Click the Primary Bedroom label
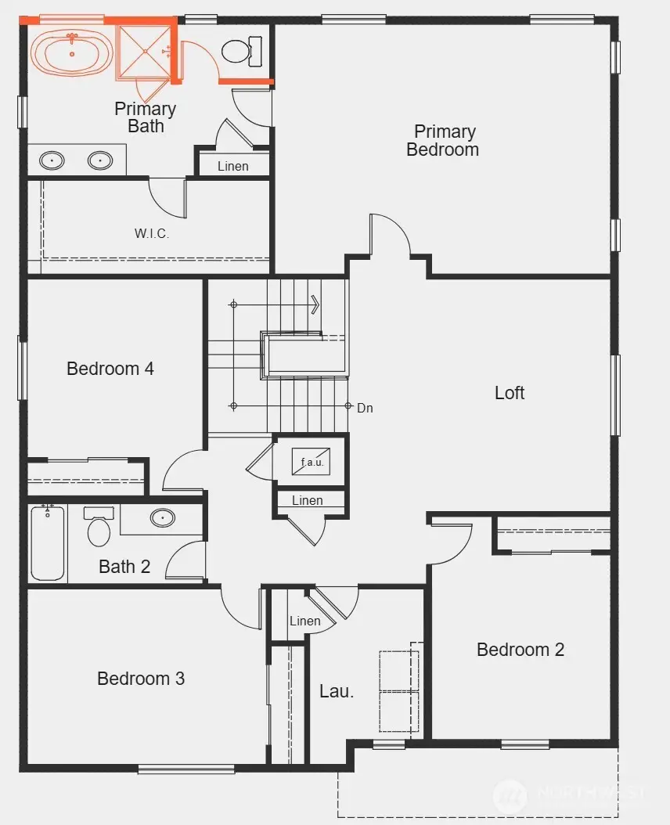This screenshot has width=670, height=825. tap(443, 141)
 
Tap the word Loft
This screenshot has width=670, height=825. tap(510, 393)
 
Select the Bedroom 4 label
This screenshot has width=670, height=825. tap(110, 368)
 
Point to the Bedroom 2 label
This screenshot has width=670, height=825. tap(520, 650)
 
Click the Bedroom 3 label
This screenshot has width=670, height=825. tap(141, 679)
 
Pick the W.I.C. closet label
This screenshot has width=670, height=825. tap(152, 233)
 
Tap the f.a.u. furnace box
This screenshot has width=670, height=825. tap(312, 462)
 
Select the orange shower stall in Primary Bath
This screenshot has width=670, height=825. tap(143, 52)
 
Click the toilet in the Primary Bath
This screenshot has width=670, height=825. tap(236, 52)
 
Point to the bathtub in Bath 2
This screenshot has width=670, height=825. tap(48, 543)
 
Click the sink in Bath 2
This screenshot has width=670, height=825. tap(162, 517)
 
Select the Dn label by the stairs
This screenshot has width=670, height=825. tap(365, 408)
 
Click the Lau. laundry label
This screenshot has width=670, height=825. tap(337, 691)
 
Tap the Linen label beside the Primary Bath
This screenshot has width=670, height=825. tap(233, 166)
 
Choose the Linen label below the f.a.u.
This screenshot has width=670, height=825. tap(307, 501)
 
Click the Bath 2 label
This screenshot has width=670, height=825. tap(124, 567)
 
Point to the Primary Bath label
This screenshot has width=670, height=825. tap(146, 117)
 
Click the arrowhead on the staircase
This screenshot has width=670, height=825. tap(315, 304)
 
